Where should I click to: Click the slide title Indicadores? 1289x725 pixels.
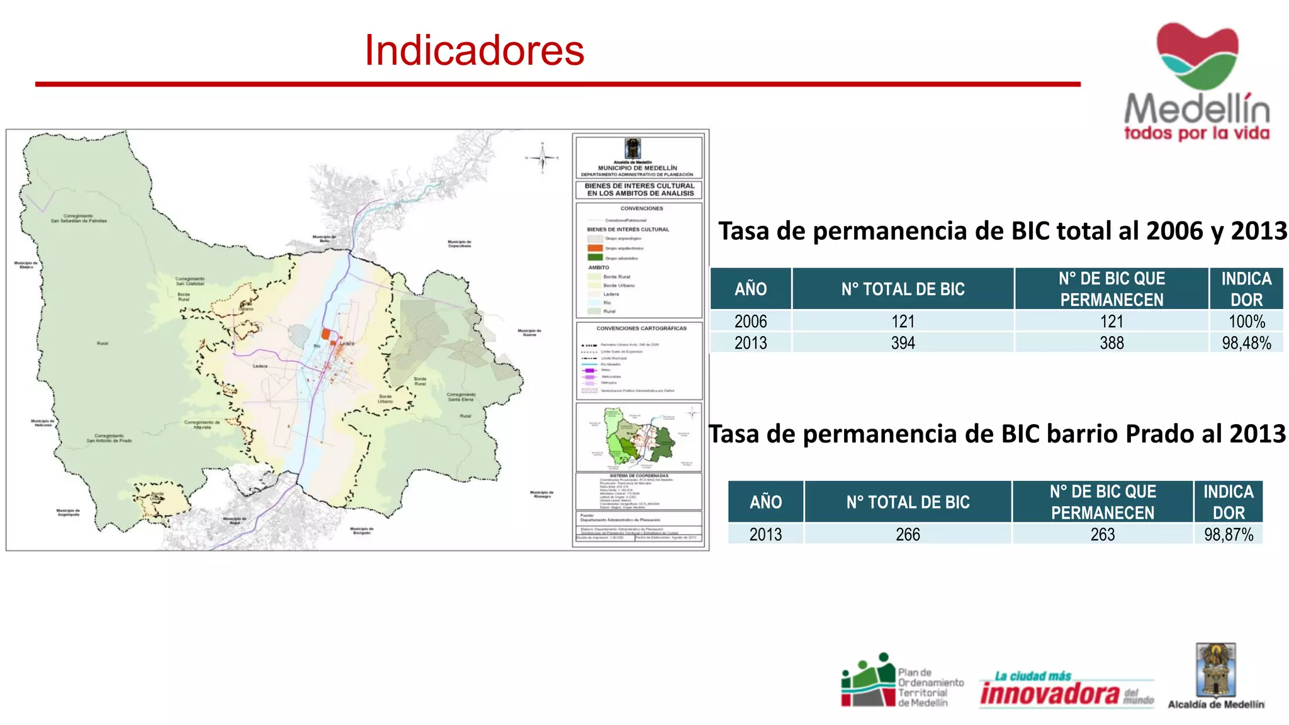(474, 50)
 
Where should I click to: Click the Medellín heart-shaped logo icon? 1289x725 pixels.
(1197, 55)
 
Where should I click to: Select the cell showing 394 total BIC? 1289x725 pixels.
(903, 343)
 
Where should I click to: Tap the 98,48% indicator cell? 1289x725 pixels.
(1246, 343)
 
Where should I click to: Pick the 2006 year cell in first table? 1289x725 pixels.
(750, 322)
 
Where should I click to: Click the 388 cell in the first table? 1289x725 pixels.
(1112, 343)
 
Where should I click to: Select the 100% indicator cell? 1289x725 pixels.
(1246, 322)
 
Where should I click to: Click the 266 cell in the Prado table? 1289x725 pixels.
(908, 534)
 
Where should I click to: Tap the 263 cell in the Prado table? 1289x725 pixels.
(1102, 534)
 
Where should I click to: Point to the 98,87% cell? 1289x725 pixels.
(1228, 534)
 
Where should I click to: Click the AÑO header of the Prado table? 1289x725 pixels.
(765, 502)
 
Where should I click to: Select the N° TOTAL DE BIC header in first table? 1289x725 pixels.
(903, 289)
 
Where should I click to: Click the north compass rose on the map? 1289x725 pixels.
(542, 157)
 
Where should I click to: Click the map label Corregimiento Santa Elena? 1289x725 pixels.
(461, 397)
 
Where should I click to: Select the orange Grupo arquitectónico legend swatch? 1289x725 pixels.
(595, 248)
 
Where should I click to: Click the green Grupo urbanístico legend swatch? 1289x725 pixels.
(595, 257)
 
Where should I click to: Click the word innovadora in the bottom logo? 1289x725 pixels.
(1049, 694)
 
